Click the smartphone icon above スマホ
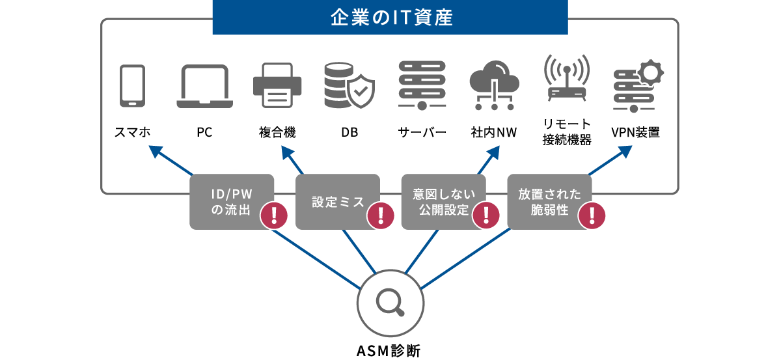click(132, 85)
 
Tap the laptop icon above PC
click(205, 86)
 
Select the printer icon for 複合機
click(277, 85)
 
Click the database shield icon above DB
click(349, 85)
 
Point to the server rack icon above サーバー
click(422, 85)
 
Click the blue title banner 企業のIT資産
click(390, 17)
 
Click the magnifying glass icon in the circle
click(390, 301)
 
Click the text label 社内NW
click(494, 133)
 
